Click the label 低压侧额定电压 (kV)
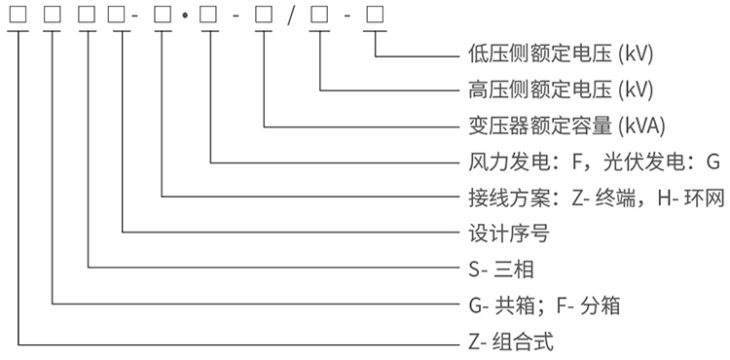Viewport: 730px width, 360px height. (556, 54)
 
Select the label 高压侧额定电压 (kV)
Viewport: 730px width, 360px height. (556, 90)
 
